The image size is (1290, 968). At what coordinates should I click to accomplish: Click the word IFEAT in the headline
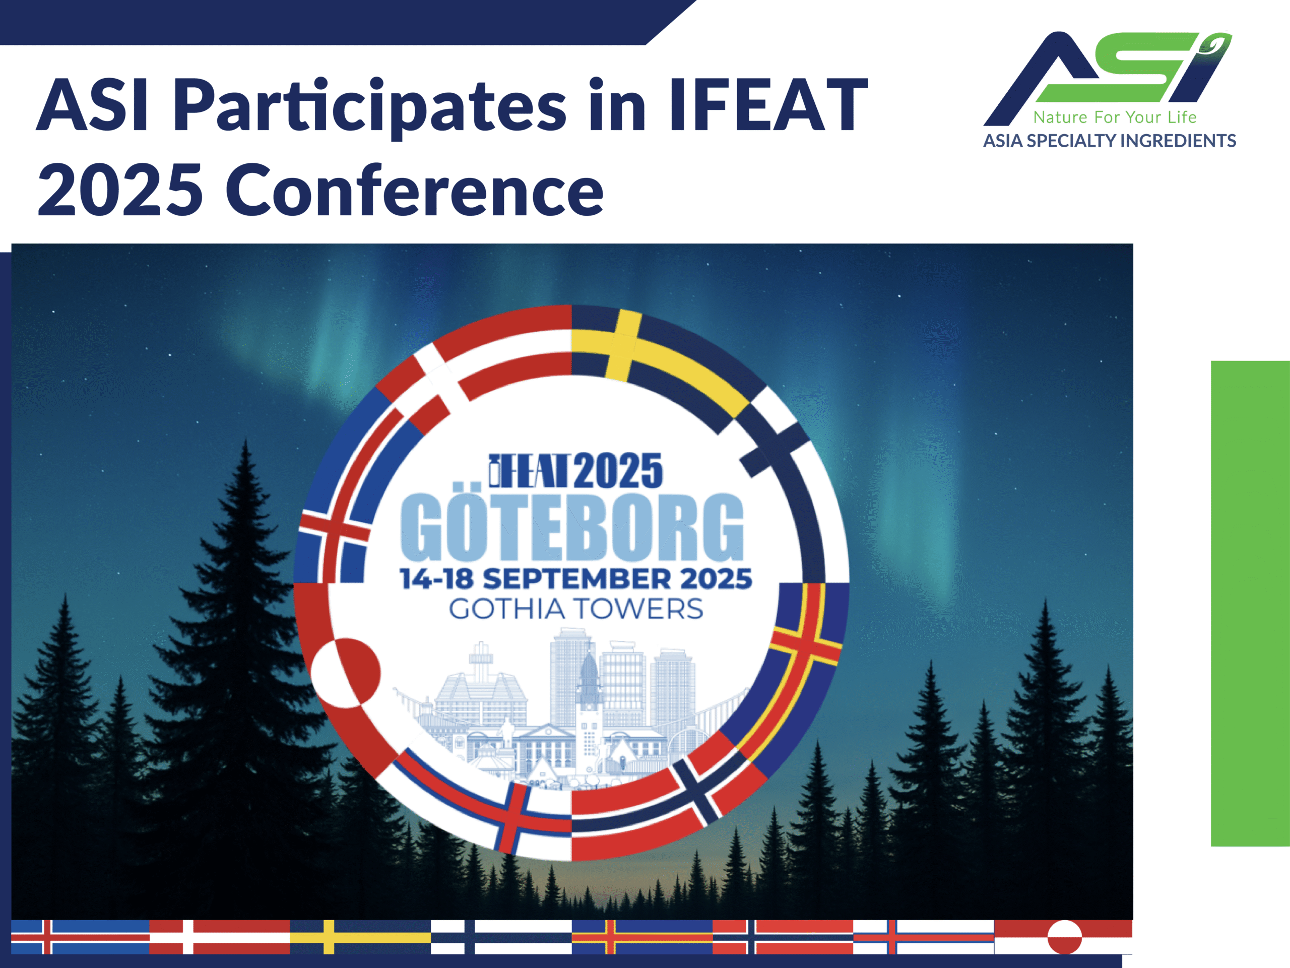768,105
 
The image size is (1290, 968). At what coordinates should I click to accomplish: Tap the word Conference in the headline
415,190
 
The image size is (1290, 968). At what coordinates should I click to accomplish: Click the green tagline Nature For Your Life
1115,117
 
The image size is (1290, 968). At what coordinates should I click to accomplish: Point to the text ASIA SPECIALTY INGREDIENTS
1109,141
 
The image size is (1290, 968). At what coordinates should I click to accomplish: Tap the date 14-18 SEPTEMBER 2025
575,579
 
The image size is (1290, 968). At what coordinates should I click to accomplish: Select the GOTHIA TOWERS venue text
575,609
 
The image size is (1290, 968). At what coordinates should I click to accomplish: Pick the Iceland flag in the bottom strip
80,937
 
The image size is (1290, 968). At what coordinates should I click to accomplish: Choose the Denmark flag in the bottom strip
219,937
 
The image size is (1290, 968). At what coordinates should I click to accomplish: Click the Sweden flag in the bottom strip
360,937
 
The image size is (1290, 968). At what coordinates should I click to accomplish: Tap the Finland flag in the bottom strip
501,937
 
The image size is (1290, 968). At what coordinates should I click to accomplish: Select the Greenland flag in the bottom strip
1063,937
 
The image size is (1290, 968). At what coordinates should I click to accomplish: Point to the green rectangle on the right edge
1250,603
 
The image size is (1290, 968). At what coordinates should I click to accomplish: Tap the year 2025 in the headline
120,190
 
